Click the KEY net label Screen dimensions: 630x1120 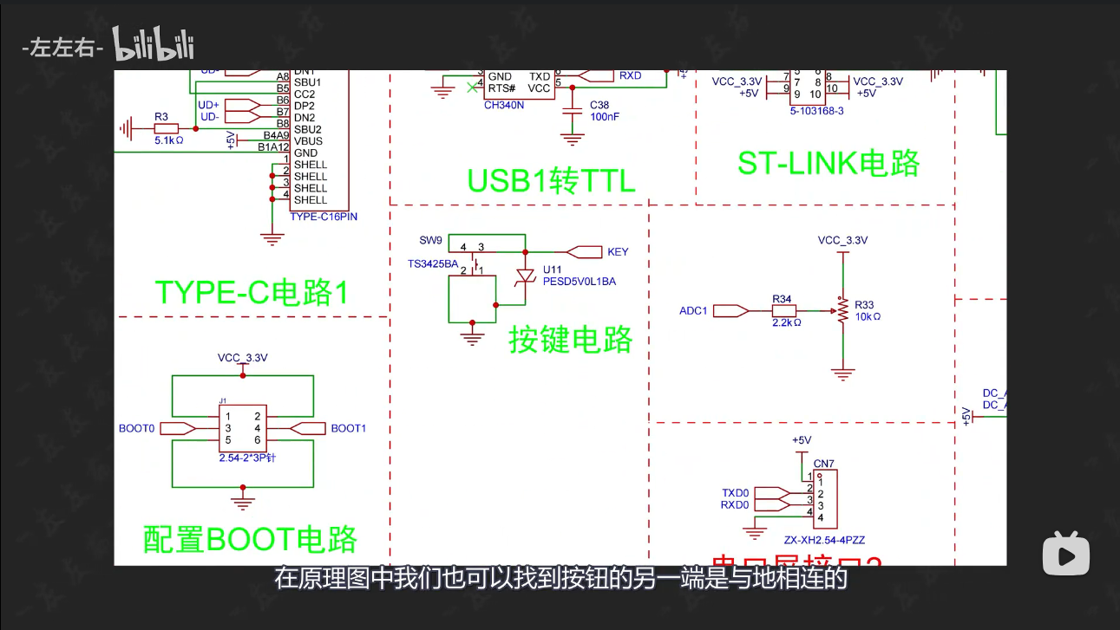coord(618,252)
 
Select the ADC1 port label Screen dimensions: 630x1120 coord(693,310)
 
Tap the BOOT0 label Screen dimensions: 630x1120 coord(136,428)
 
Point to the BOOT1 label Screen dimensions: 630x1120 coord(349,428)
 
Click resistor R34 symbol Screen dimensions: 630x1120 coord(783,309)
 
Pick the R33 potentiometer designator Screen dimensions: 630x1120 coord(864,305)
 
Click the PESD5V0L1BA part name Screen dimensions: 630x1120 coord(580,282)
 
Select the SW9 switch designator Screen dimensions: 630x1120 coord(430,240)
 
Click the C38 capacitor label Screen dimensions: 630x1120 coord(599,104)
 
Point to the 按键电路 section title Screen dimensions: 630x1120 coord(571,340)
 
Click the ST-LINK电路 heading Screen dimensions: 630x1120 coord(829,163)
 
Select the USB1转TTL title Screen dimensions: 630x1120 coord(552,180)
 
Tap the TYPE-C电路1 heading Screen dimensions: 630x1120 coord(252,292)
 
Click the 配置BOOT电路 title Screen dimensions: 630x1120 coord(250,539)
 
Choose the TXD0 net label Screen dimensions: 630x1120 coord(735,493)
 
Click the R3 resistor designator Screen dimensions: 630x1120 coord(160,116)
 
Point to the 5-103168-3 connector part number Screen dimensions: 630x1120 coord(816,111)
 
